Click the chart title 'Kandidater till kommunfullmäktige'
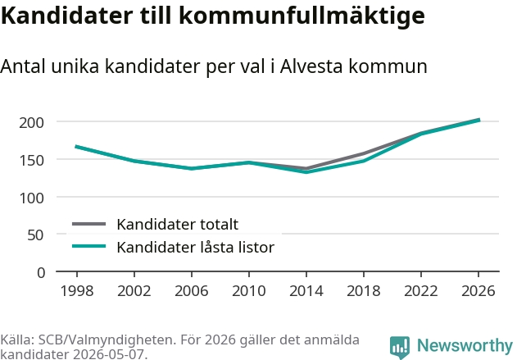212,16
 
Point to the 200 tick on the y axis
31,123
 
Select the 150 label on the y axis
31,161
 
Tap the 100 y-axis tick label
31,198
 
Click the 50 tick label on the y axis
35,235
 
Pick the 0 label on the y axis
41,273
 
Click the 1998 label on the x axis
77,290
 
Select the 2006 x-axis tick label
192,290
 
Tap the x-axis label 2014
306,290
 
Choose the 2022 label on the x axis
421,290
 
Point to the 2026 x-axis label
478,290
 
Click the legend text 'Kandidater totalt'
178,225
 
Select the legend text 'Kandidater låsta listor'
196,247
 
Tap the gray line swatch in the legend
89,224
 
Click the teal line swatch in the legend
89,246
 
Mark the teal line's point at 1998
77,147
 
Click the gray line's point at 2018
364,153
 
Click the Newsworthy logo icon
400,347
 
